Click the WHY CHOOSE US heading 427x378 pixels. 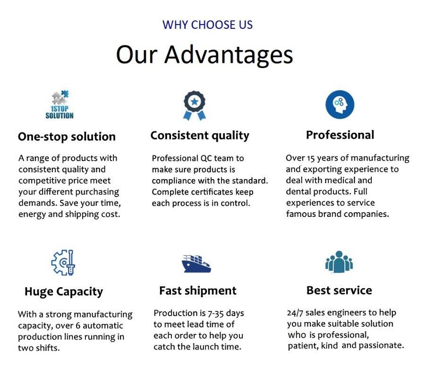pyautogui.click(x=207, y=25)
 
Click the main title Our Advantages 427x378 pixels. pyautogui.click(x=205, y=54)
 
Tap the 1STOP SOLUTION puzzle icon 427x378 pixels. pyautogui.click(x=60, y=105)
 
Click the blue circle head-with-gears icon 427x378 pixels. pyautogui.click(x=340, y=104)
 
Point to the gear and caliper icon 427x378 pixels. pyautogui.click(x=63, y=263)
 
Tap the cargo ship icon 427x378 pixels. pyautogui.click(x=196, y=264)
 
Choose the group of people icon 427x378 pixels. pyautogui.click(x=339, y=261)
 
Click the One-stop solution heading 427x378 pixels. pyautogui.click(x=67, y=137)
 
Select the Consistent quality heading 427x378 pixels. pyautogui.click(x=200, y=135)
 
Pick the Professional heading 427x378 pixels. pyautogui.click(x=340, y=135)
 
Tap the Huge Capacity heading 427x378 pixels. pyautogui.click(x=64, y=292)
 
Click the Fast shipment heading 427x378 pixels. pyautogui.click(x=198, y=291)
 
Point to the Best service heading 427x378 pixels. pyautogui.click(x=339, y=290)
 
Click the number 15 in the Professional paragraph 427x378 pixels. pyautogui.click(x=311, y=158)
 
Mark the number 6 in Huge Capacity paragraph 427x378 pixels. pyautogui.click(x=78, y=326)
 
